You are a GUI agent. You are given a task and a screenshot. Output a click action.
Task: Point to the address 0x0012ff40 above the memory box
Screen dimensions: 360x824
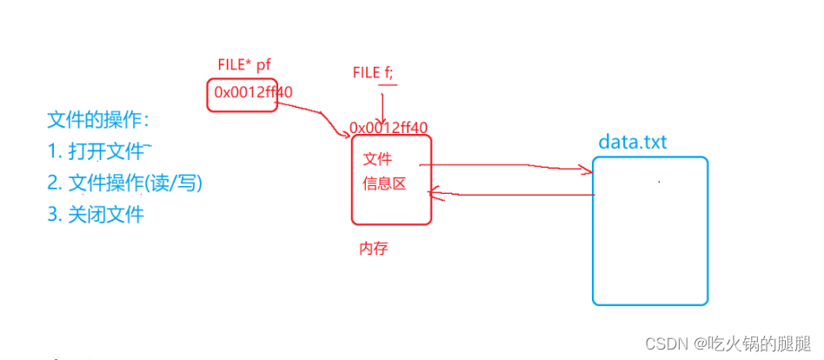click(x=389, y=127)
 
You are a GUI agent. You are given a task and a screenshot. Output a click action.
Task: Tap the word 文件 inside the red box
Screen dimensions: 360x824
click(x=377, y=159)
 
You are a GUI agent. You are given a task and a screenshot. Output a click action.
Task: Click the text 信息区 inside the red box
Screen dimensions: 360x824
click(x=384, y=184)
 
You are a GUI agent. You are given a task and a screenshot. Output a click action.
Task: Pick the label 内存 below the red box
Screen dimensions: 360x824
click(x=373, y=249)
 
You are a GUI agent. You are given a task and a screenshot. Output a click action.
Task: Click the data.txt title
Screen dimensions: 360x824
click(x=632, y=142)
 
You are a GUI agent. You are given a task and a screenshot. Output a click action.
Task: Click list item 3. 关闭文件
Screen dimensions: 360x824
click(x=96, y=214)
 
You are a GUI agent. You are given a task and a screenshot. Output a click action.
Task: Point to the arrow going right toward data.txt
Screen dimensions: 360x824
click(x=504, y=164)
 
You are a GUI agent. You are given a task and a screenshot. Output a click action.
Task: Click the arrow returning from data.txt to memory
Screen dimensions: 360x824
click(x=513, y=194)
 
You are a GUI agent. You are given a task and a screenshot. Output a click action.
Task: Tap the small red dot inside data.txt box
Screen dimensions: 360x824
click(x=659, y=182)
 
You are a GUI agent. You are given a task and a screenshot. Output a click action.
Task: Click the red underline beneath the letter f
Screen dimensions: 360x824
click(x=388, y=85)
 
